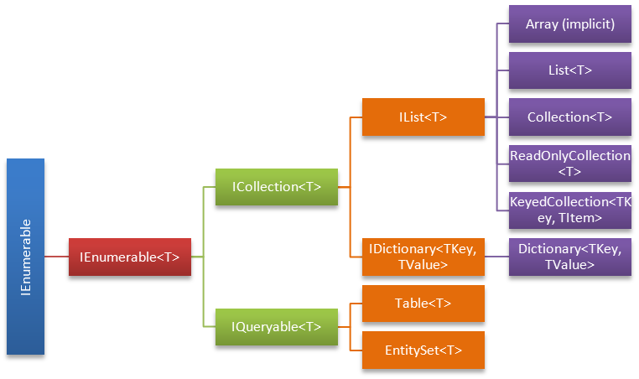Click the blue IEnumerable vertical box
tap(25, 256)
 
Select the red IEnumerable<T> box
tap(129, 257)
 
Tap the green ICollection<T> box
tap(276, 186)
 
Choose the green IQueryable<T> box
tap(276, 325)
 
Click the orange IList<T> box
tap(423, 117)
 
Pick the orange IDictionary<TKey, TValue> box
tap(423, 256)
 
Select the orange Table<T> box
tap(423, 303)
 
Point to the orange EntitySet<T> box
tap(423, 349)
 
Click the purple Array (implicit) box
tap(570, 24)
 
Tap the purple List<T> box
tap(570, 70)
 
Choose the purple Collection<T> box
tap(570, 117)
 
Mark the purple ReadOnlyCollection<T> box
tap(570, 164)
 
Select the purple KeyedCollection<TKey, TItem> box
tap(570, 210)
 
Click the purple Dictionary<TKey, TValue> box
tap(570, 256)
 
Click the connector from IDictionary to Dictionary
tap(496, 256)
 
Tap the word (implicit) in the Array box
tap(588, 24)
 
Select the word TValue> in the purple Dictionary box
tap(570, 265)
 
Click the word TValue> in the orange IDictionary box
tap(423, 265)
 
